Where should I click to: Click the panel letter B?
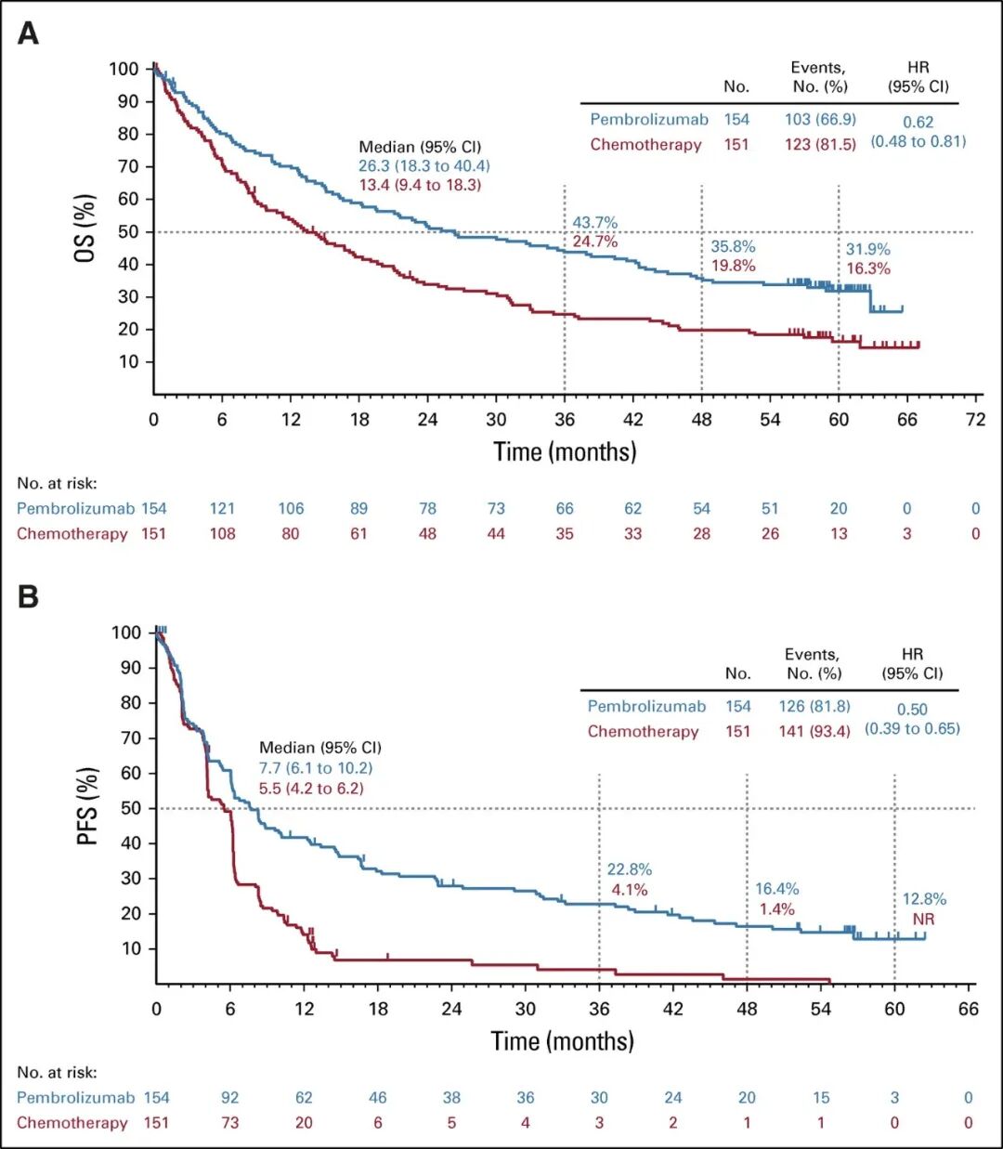(29, 595)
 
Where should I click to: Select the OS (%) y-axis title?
(85, 228)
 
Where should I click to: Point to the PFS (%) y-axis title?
(87, 805)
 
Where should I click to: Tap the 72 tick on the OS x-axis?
(975, 420)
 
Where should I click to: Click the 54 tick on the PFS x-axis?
(821, 1010)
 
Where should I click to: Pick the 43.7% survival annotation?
(594, 223)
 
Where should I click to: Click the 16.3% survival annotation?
(867, 268)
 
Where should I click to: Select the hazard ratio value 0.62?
(918, 122)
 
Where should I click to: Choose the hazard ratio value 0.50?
(912, 709)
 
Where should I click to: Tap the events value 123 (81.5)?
(820, 145)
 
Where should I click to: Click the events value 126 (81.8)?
(814, 707)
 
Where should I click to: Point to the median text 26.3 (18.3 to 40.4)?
(424, 166)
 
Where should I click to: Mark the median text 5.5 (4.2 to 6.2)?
(311, 789)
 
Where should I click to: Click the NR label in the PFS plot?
(923, 920)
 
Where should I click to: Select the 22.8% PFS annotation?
(629, 869)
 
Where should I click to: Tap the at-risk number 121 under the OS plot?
(222, 508)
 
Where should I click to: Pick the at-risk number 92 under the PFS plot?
(229, 1098)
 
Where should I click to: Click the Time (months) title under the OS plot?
(565, 452)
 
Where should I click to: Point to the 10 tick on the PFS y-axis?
(132, 948)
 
